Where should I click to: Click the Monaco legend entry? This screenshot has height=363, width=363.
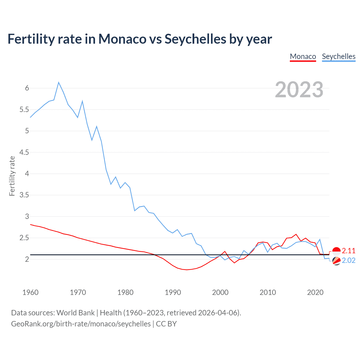click(303, 56)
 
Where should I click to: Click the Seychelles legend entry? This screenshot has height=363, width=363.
click(339, 56)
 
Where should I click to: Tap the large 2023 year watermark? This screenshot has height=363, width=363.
click(299, 90)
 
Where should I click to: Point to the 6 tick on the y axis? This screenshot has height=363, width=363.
click(27, 88)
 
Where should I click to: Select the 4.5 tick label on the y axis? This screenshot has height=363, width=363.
click(24, 152)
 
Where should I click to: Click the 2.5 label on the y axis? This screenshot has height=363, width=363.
click(24, 238)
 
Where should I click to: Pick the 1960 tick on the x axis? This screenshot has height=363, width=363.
click(30, 292)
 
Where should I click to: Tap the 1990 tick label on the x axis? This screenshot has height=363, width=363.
click(173, 292)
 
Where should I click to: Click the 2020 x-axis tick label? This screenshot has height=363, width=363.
click(315, 292)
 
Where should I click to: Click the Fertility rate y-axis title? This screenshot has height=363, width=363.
click(12, 176)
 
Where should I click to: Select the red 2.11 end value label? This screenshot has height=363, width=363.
click(349, 251)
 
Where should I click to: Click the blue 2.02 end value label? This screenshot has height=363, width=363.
click(349, 260)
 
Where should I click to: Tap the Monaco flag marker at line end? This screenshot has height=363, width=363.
click(336, 251)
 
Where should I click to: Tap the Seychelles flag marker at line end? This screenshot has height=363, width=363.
click(336, 261)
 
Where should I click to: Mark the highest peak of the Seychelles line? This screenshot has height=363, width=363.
click(59, 82)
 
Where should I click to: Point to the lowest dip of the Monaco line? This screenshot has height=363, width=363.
click(187, 270)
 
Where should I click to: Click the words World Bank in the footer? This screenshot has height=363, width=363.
click(75, 313)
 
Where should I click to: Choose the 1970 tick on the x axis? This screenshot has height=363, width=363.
click(78, 292)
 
